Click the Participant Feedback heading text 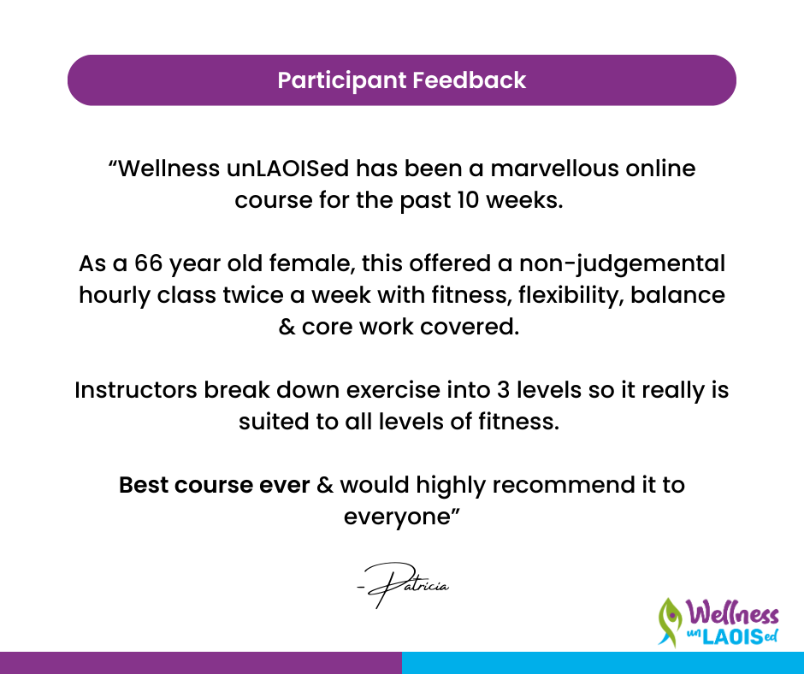401,80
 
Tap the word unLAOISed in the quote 287,168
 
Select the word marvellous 554,168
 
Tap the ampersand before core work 287,328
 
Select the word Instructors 136,390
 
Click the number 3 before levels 503,390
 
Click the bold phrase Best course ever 215,485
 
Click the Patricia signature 403,585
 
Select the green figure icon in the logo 670,622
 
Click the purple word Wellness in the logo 731,613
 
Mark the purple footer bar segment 201,663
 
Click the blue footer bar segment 603,663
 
